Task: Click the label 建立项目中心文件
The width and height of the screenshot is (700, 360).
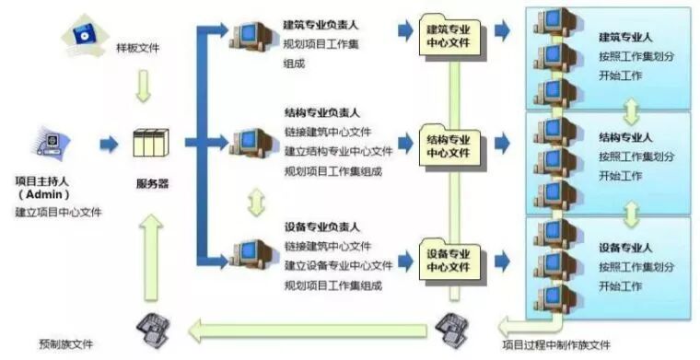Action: [58, 213]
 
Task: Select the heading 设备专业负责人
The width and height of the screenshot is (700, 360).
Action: [321, 226]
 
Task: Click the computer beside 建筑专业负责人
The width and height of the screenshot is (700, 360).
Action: [249, 35]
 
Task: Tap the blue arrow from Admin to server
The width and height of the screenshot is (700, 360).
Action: [109, 144]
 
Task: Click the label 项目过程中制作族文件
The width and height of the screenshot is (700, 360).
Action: [556, 343]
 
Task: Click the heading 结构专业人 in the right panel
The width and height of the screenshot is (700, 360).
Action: [625, 137]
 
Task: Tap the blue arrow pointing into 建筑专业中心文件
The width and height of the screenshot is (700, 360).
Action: [405, 31]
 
